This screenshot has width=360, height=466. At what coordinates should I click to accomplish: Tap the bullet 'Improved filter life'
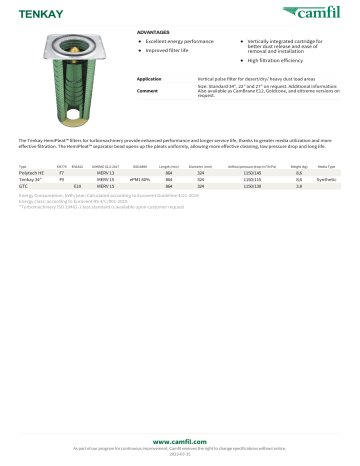pos(171,50)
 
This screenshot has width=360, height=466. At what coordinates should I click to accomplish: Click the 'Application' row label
pos(149,78)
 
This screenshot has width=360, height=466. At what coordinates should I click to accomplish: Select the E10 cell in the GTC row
pos(77,186)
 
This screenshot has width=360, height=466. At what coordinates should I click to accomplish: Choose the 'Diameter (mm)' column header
pos(201,165)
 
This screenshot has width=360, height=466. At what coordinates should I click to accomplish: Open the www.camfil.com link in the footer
pos(179,441)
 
